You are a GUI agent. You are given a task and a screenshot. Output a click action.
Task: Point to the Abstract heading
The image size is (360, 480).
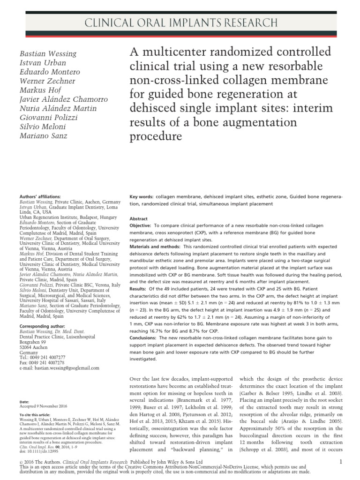click(x=139, y=218)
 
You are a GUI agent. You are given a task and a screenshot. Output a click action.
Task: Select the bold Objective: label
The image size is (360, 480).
click(x=142, y=225)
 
